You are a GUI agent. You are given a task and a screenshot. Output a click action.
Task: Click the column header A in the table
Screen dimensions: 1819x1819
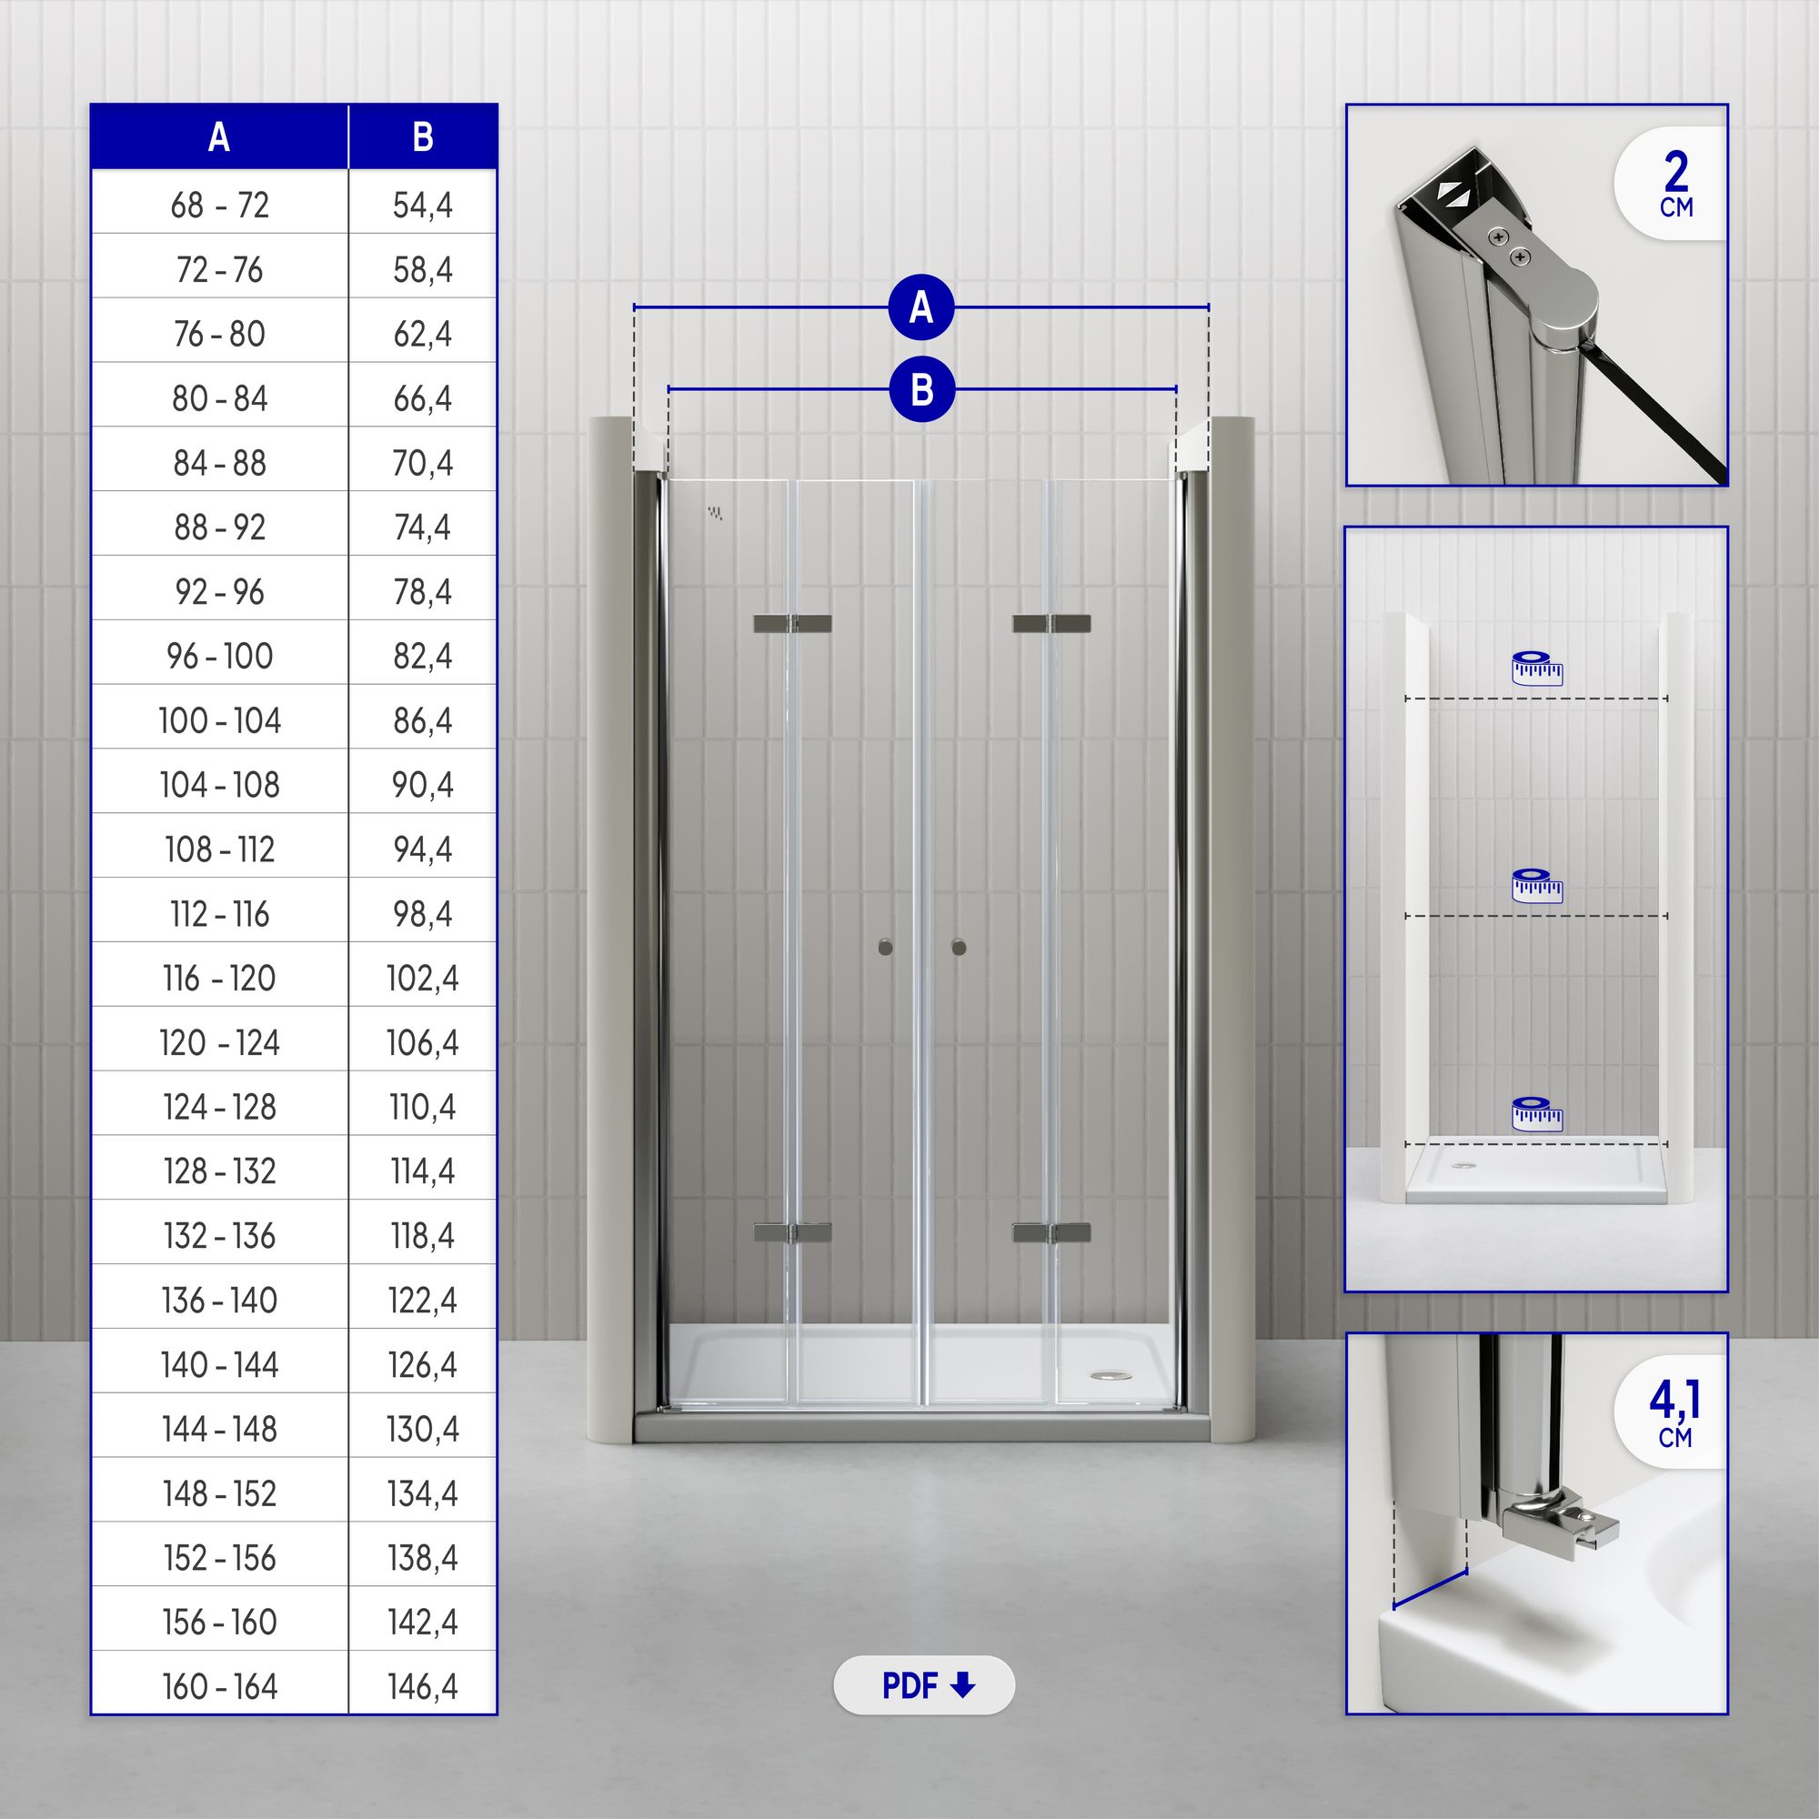click(219, 137)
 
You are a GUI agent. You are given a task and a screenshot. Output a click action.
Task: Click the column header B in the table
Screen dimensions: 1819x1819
click(423, 137)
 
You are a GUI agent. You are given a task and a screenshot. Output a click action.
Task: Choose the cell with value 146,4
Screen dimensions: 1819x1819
click(423, 1686)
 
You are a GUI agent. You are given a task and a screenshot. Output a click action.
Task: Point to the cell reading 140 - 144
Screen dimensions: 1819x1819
click(219, 1364)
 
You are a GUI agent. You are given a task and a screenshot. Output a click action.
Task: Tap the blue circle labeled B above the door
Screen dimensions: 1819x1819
click(921, 389)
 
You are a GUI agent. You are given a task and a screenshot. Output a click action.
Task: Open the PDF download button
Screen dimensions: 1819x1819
click(924, 1684)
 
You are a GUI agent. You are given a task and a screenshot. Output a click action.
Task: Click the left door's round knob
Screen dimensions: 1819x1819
click(885, 947)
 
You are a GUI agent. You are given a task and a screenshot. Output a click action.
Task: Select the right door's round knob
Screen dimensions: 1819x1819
click(959, 947)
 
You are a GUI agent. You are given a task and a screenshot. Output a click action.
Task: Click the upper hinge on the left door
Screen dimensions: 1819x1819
click(792, 623)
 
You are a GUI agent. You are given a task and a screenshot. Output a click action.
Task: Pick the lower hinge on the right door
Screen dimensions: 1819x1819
click(1051, 1232)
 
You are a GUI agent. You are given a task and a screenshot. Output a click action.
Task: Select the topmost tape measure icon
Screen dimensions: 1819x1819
click(1536, 668)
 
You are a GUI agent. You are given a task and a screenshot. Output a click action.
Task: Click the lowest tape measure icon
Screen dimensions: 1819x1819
click(1536, 1114)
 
